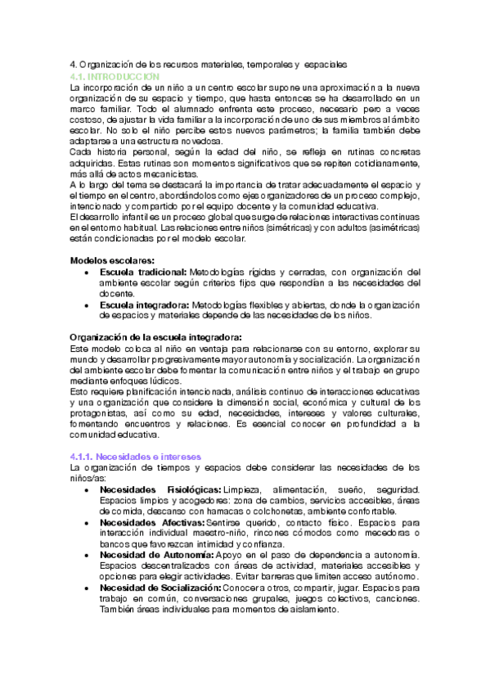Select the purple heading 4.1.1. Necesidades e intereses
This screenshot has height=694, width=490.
point(134,455)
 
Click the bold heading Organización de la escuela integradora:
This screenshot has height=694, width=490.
point(155,336)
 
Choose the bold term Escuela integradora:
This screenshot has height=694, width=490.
point(143,304)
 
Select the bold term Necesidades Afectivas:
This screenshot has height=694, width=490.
point(152,521)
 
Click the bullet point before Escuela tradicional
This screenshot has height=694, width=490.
point(87,272)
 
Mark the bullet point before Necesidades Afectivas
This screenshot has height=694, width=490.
point(87,521)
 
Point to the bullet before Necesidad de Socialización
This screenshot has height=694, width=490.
point(87,588)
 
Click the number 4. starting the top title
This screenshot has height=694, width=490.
point(73,63)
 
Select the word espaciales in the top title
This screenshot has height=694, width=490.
point(326,63)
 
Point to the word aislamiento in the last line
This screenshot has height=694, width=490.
point(308,610)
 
